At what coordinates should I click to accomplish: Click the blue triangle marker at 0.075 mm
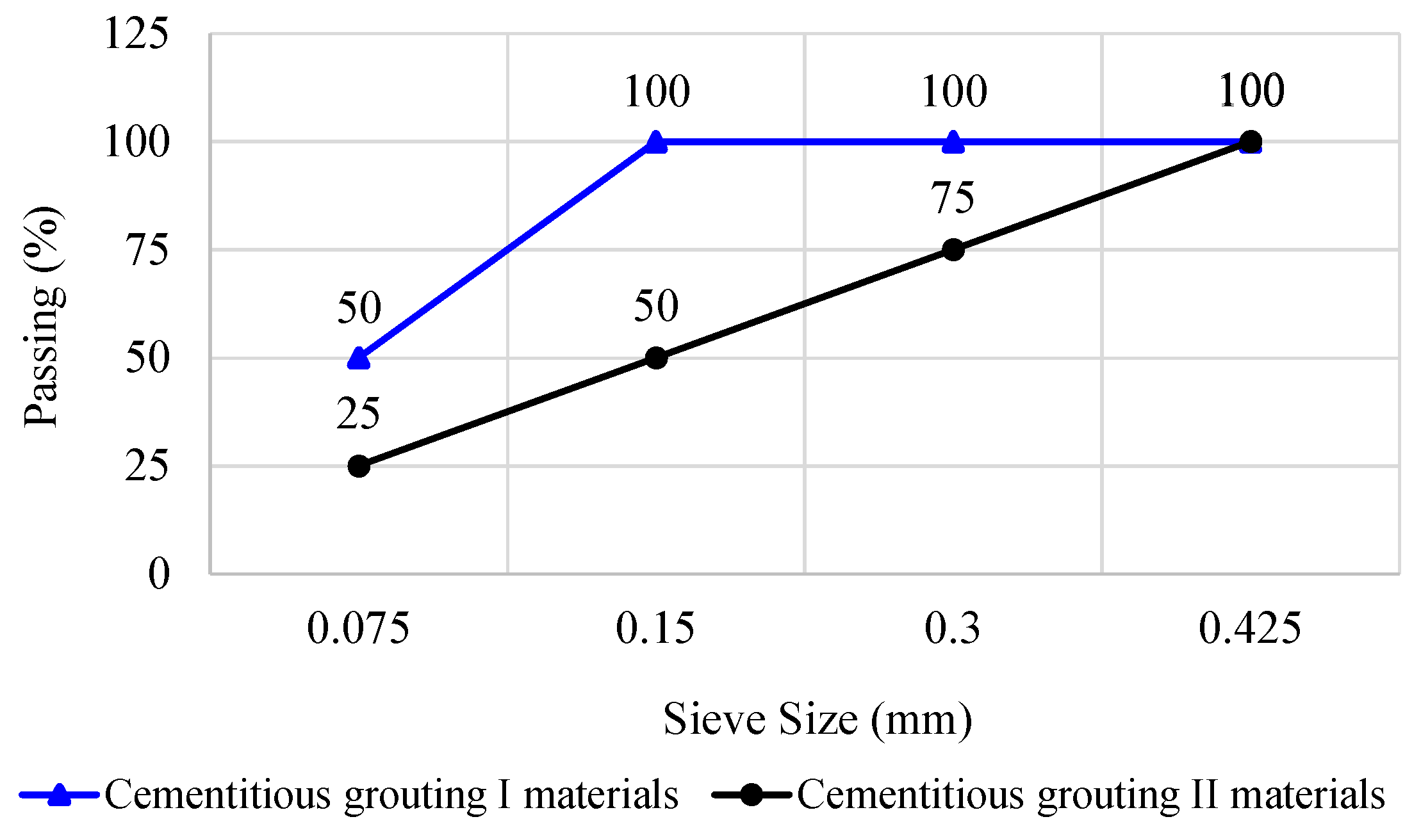359,359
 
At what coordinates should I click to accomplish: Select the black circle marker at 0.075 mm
359,466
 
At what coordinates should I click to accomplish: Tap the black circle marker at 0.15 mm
656,358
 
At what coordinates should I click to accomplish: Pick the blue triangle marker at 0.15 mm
656,142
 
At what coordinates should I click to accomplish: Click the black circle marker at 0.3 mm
953,250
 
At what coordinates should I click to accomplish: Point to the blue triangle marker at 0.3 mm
953,142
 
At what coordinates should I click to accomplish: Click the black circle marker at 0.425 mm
1251,142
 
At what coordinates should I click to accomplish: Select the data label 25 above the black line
358,414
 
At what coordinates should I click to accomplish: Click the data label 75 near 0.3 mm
953,197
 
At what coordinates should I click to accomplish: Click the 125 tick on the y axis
136,33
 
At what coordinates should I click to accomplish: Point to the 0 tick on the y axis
159,574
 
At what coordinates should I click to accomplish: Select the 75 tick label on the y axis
147,250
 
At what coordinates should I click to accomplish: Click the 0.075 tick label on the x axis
358,628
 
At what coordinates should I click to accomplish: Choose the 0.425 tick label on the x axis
1250,628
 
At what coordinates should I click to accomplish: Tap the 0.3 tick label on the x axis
953,628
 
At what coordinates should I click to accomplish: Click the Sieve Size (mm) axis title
817,720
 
